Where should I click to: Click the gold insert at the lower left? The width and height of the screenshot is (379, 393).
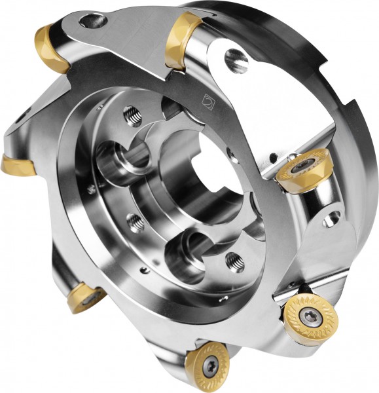coord(85,296)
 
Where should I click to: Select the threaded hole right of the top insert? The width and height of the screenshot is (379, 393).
coord(236,62)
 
